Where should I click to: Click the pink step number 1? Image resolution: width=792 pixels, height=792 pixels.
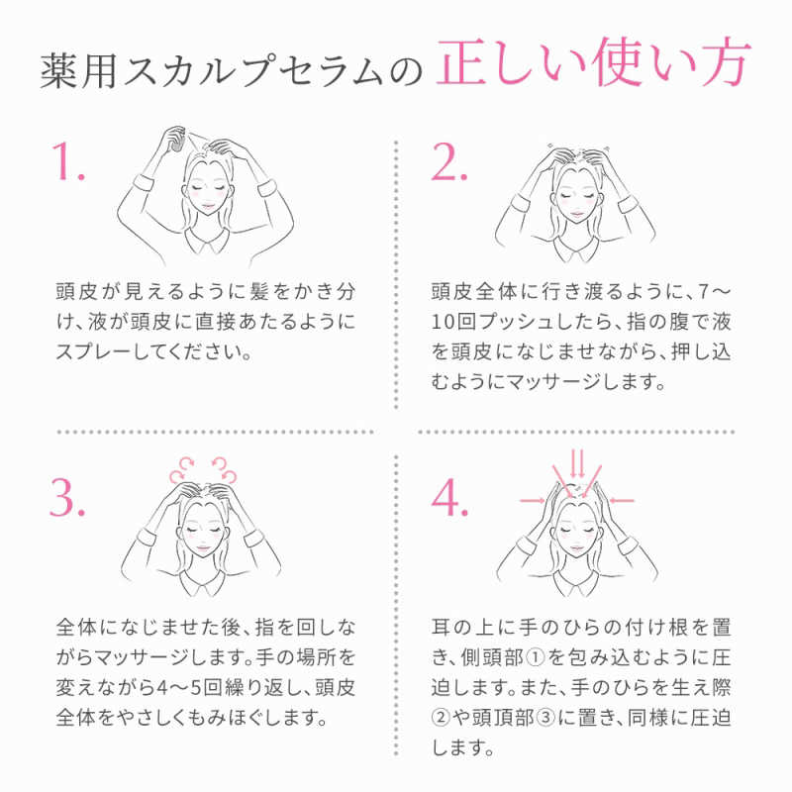[x=69, y=160]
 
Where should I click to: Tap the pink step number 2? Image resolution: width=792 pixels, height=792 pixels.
[x=448, y=160]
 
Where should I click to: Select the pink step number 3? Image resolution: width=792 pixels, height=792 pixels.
[x=67, y=497]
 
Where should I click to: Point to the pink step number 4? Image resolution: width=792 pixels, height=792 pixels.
[x=449, y=497]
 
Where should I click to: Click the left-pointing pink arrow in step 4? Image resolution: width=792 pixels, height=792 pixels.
[x=622, y=501]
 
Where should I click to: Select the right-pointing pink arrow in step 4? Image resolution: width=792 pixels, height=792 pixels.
[x=533, y=501]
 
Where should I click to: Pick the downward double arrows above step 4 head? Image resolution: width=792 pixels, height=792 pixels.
[x=577, y=463]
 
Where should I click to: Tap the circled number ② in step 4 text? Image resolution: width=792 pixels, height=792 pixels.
[x=441, y=717]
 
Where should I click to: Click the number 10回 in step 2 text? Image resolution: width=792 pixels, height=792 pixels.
[x=453, y=322]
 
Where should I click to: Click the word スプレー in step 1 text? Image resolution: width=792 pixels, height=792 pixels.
[x=94, y=352]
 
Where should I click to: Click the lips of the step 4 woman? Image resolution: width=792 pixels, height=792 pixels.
[x=577, y=549]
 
